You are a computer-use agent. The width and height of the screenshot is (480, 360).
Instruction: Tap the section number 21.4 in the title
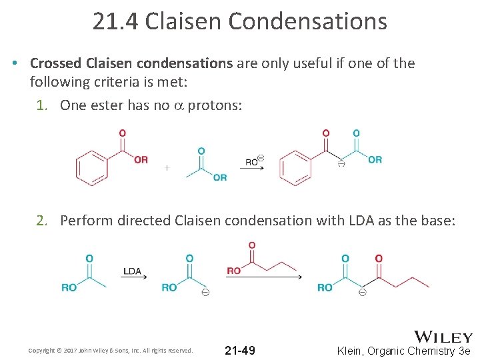115,21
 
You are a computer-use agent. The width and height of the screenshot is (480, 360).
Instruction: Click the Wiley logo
443,337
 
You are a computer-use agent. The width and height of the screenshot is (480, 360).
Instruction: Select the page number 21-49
239,351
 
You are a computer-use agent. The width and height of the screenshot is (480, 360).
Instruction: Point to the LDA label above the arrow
132,271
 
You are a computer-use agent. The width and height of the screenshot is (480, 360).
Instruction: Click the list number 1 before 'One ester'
40,105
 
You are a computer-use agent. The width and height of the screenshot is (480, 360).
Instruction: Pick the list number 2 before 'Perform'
41,220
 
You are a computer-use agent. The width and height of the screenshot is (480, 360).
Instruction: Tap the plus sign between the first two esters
167,168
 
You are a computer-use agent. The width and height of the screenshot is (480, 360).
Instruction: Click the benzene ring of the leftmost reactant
92,167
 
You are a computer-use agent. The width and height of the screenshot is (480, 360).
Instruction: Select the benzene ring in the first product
295,167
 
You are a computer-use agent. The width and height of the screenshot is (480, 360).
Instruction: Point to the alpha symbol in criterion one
178,105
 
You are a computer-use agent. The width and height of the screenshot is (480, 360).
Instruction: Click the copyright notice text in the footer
111,350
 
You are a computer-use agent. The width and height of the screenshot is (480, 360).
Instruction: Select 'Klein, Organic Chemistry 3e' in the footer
404,351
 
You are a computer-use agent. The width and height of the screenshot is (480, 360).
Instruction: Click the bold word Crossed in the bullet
56,63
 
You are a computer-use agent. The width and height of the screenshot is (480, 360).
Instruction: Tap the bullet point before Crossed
14,63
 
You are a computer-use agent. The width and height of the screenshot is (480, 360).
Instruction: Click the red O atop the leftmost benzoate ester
122,133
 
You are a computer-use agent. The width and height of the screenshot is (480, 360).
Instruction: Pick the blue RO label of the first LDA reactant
69,287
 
